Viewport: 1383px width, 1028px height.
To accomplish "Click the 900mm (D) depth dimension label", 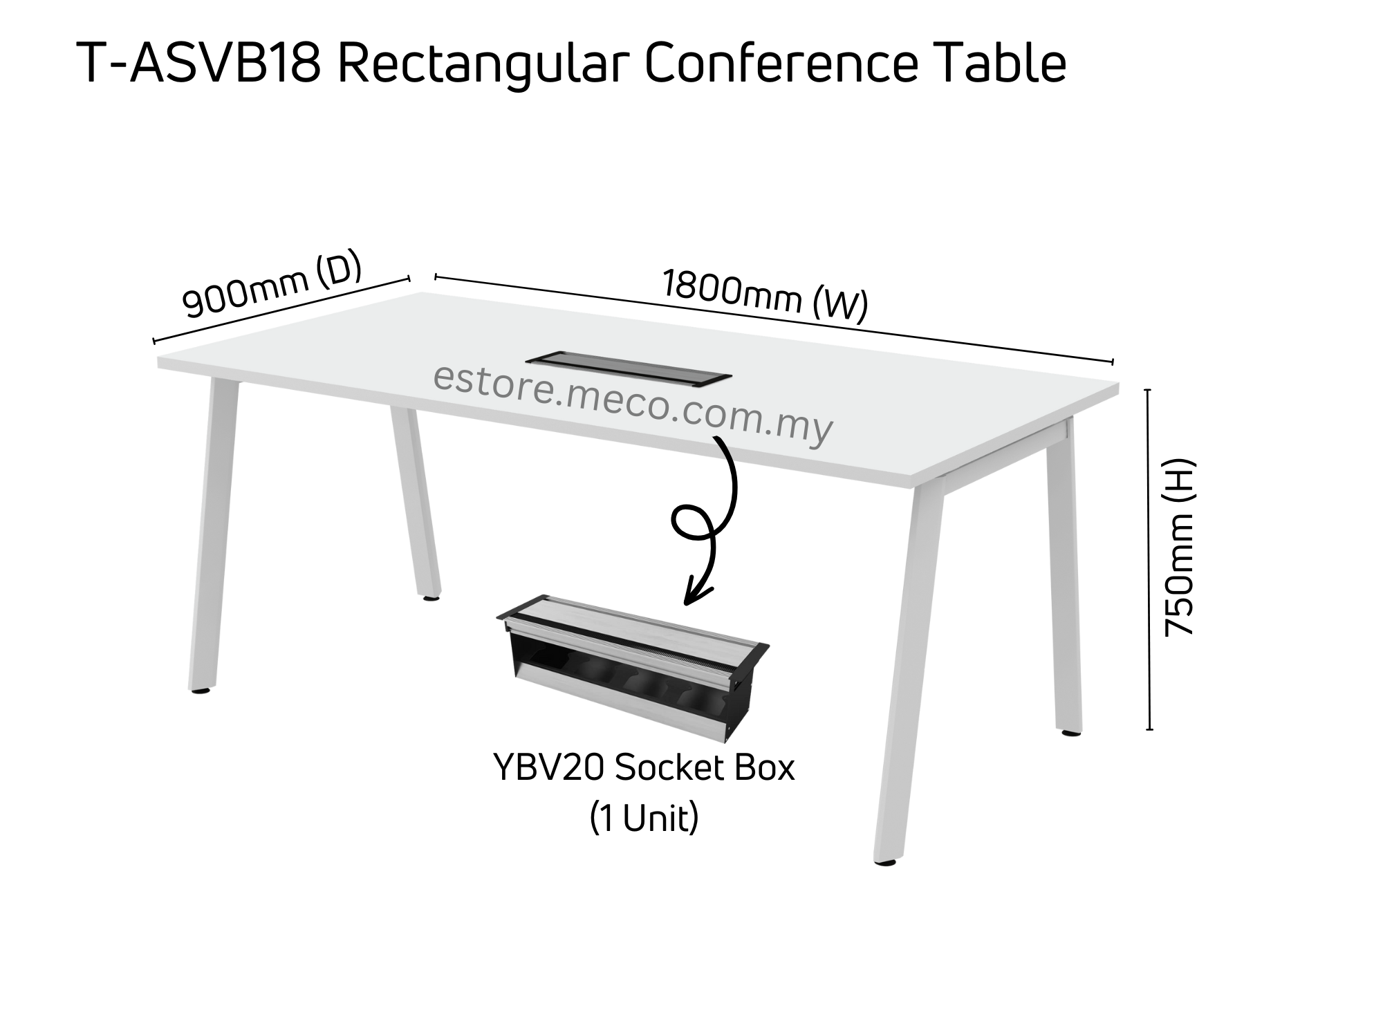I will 272,285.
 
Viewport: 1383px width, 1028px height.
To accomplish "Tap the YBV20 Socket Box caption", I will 644,768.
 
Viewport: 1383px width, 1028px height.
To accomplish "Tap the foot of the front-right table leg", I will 885,861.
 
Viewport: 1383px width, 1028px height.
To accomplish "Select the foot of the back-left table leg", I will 431,596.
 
